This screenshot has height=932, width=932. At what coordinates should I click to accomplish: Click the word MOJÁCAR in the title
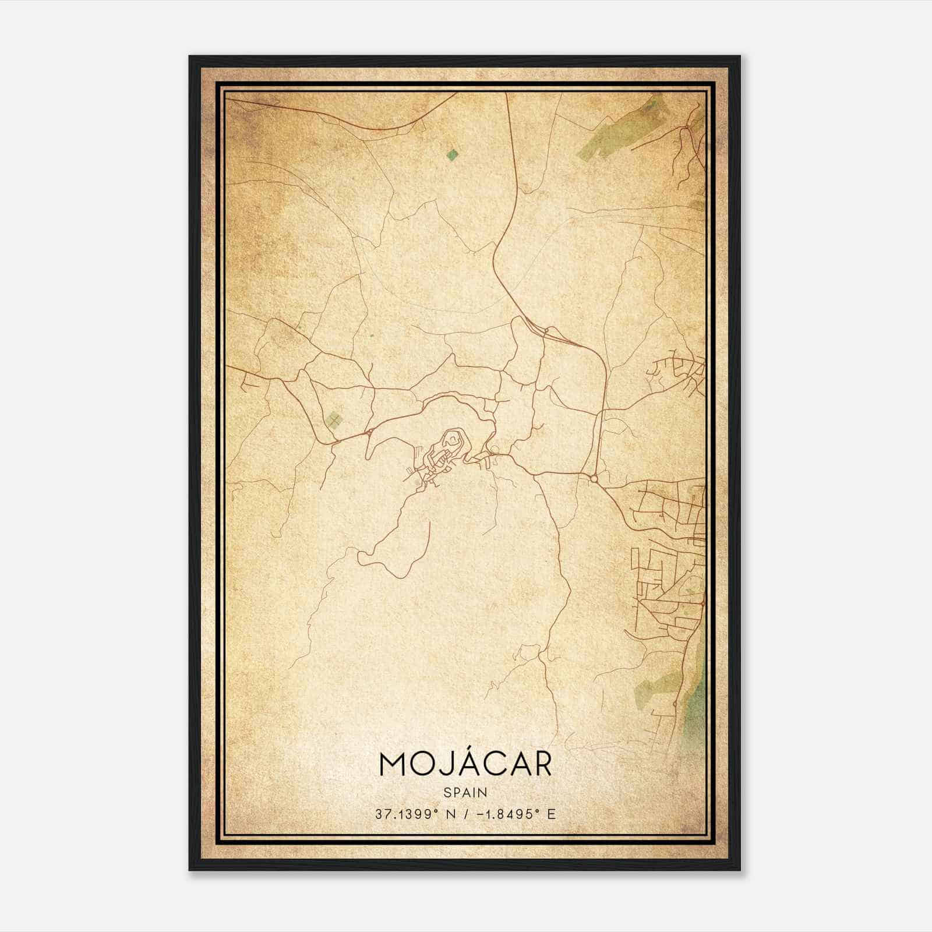coord(465,764)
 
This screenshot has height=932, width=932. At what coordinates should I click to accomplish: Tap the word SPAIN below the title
coord(465,792)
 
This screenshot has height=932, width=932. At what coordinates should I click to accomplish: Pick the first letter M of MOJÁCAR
coord(393,764)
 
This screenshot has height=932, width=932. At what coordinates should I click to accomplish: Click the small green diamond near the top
coord(451,154)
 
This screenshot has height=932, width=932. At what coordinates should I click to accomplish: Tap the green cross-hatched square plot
coord(333,419)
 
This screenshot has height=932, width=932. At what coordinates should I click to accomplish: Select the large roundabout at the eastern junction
coord(594,479)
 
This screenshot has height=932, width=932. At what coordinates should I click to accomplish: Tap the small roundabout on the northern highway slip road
coord(546,330)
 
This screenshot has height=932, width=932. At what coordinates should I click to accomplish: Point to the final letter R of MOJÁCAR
coord(542,764)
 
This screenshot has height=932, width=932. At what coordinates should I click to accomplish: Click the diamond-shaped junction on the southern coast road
coord(675,704)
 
